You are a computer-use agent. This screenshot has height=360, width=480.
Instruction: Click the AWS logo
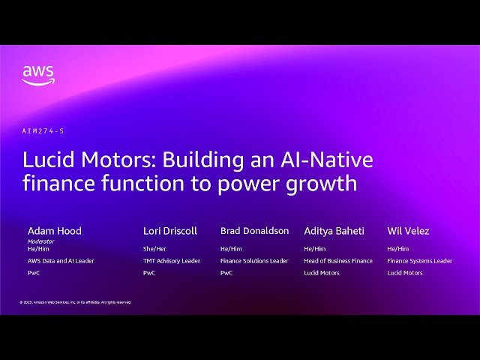tap(37, 75)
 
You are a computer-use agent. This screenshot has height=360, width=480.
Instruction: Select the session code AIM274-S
tap(43, 130)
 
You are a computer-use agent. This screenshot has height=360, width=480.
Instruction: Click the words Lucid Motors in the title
tap(88, 160)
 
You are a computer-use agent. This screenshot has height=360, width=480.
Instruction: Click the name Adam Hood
tap(54, 231)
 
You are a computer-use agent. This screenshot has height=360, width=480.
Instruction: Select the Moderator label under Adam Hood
tap(40, 241)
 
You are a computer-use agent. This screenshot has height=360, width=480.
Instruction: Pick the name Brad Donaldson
tap(254, 231)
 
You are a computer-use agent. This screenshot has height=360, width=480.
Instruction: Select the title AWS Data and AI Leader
tap(61, 261)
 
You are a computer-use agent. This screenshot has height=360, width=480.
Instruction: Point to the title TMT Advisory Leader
tap(172, 261)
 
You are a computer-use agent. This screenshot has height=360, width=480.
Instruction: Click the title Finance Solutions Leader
tap(254, 261)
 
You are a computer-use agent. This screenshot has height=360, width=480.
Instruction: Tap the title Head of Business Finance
tap(338, 261)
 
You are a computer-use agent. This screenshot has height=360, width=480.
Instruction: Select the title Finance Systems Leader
tap(420, 261)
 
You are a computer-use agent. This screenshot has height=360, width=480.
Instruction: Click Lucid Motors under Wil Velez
tap(405, 273)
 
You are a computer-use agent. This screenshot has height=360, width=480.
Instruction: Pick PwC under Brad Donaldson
tap(226, 273)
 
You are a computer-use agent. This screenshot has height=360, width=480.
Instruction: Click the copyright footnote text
tap(75, 302)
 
